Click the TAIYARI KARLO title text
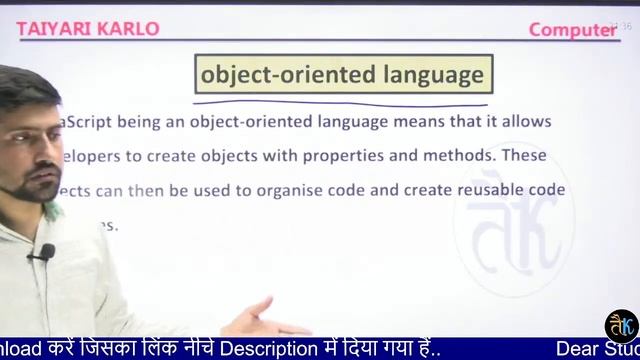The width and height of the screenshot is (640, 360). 88,28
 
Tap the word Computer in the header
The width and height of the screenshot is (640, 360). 572,30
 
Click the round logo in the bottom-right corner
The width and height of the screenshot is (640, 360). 622,325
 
